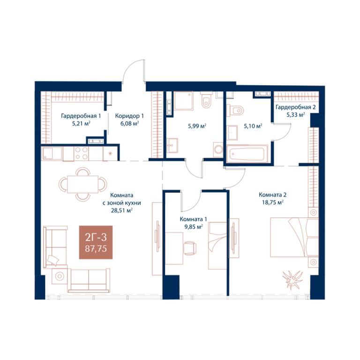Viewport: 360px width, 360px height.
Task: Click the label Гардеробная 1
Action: tap(81, 116)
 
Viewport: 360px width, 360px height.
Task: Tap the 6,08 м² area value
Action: tap(129, 124)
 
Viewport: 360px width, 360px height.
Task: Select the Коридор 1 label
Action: tap(129, 116)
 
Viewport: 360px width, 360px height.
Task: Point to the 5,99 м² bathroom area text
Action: tap(197, 126)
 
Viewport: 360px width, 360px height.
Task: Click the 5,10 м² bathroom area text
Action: tap(253, 126)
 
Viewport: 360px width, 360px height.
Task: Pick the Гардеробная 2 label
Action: tap(295, 107)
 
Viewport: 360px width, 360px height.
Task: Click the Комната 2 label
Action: tap(272, 195)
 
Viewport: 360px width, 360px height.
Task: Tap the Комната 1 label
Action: tap(193, 219)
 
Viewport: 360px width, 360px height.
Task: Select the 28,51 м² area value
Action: tap(122, 210)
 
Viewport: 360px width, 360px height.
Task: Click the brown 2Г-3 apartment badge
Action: tap(96, 242)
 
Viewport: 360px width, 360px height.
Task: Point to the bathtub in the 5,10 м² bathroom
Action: tap(247, 154)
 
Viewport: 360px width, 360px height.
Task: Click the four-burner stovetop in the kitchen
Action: tap(81, 154)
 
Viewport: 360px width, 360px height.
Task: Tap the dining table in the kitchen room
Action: tap(82, 184)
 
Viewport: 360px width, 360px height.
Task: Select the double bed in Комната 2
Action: tap(294, 237)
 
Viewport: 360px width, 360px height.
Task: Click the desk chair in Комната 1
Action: tap(190, 247)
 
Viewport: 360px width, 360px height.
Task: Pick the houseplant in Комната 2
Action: tap(292, 280)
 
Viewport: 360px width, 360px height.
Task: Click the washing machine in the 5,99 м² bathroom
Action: tap(218, 150)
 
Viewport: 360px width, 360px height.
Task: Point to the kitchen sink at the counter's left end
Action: tap(52, 153)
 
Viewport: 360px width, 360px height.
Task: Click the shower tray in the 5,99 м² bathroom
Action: tap(184, 101)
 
